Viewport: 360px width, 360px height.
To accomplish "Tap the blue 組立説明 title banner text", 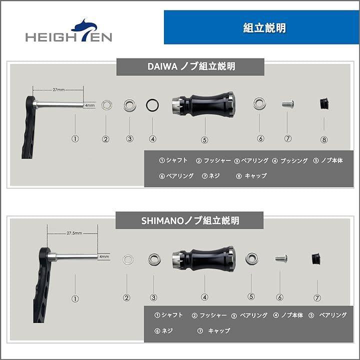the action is pyautogui.click(x=264, y=28).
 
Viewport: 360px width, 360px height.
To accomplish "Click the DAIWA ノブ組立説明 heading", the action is pyautogui.click(x=191, y=66).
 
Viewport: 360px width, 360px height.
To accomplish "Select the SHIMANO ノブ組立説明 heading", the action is pyautogui.click(x=190, y=220).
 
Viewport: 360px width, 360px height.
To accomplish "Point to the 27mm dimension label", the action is pyautogui.click(x=58, y=89).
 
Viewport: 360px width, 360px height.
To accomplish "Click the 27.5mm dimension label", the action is pyautogui.click(x=74, y=233).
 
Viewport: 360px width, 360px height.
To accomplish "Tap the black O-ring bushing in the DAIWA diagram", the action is pyautogui.click(x=152, y=105).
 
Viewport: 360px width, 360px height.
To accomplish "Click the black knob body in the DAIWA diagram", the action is pyautogui.click(x=203, y=104).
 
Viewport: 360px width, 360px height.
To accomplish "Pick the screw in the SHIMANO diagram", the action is pyautogui.click(x=281, y=258).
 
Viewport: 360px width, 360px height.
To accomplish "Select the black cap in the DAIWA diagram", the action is pyautogui.click(x=324, y=104).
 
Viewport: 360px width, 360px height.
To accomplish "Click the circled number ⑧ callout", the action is pyautogui.click(x=323, y=139).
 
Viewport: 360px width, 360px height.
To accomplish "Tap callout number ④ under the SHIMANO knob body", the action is pyautogui.click(x=204, y=297).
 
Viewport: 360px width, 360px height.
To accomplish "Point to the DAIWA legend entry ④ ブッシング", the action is pyautogui.click(x=289, y=160).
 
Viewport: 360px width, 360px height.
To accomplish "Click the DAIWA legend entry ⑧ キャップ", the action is pyautogui.click(x=251, y=176).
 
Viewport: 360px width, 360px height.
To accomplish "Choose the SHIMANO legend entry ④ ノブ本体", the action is pyautogui.click(x=288, y=315).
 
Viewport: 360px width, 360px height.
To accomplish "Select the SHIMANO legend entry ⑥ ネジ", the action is pyautogui.click(x=163, y=331).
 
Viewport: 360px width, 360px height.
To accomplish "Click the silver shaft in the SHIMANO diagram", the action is pyautogui.click(x=73, y=256).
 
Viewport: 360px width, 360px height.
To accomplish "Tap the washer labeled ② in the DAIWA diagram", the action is pyautogui.click(x=106, y=105).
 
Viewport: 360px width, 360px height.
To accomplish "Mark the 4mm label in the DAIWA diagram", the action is pyautogui.click(x=90, y=105).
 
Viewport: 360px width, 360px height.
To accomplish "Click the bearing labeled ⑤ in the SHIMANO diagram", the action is pyautogui.click(x=252, y=258).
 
